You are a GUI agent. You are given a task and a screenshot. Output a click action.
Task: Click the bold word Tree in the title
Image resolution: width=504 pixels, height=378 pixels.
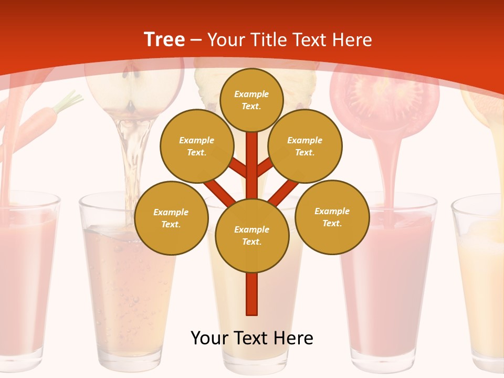coord(164,39)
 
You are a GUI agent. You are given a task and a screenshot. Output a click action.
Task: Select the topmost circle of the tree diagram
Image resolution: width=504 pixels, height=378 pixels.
coord(251,100)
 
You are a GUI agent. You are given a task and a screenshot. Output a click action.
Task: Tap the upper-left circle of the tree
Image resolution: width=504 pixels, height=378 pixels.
coord(196,146)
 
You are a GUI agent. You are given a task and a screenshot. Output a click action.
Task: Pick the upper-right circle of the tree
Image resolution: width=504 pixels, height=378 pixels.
coord(304,146)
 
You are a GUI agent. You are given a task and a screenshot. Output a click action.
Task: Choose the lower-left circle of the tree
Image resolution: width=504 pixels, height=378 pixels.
coord(171,218)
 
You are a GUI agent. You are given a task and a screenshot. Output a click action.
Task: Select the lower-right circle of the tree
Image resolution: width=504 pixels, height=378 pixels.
coord(332,217)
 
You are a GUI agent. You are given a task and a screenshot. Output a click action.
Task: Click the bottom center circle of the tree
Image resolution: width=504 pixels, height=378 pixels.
coord(252,236)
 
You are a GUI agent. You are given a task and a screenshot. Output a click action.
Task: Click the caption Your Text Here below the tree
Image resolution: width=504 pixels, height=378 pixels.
coord(252,338)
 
